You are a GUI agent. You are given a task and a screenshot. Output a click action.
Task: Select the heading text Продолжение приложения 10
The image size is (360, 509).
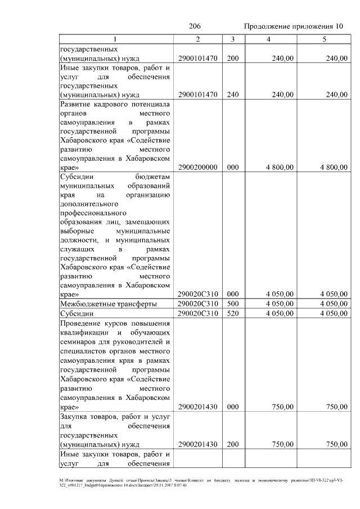click(293, 26)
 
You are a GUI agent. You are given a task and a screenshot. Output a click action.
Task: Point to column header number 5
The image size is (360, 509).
click(323, 39)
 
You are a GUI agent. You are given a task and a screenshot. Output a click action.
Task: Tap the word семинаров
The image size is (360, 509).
click(78, 342)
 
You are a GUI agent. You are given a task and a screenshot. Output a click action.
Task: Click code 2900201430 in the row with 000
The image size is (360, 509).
click(197, 406)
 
